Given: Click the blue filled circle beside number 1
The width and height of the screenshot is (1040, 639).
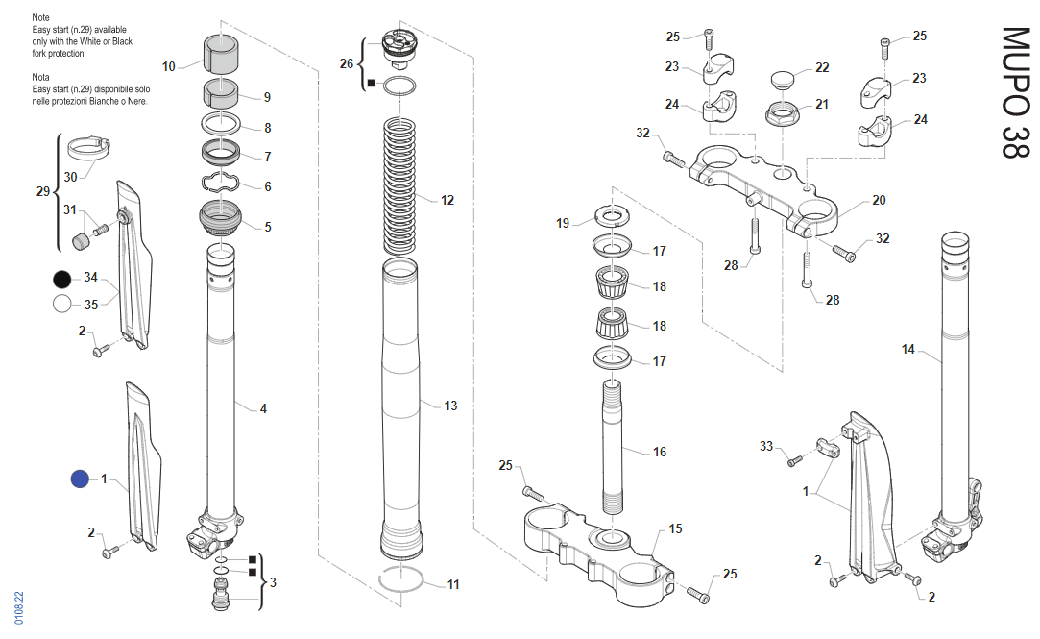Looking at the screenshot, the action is coord(80,479).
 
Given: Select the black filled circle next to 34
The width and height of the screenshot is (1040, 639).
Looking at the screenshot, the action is coord(61,279).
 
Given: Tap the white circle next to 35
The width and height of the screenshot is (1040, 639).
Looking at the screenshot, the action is coord(61,304).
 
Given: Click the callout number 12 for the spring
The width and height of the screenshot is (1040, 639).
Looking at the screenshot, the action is coord(447,200).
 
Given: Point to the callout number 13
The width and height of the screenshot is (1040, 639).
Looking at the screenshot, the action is coord(450,406).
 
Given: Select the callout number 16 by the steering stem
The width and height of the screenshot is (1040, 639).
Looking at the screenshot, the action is coord(660,452).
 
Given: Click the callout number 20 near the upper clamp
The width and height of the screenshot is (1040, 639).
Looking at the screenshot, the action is coord(879,200).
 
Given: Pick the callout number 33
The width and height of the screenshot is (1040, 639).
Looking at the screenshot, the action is coord(766,446).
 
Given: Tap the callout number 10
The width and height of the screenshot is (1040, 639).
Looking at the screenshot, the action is coord(168,66).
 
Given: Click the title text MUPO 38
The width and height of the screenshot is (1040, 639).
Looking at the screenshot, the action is coord(1015,92).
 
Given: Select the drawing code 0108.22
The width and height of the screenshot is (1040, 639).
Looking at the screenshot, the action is coord(18,608).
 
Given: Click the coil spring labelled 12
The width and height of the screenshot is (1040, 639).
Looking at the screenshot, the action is coord(399,186).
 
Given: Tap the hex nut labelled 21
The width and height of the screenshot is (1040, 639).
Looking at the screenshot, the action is coord(782,113).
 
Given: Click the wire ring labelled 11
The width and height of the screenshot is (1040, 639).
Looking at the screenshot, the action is coord(400,580).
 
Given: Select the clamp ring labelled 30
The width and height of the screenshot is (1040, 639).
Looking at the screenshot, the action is coord(89,147).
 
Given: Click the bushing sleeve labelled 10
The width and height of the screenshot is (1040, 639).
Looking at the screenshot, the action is coord(221,53).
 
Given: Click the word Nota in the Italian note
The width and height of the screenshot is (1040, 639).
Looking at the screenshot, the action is coord(40,77).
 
